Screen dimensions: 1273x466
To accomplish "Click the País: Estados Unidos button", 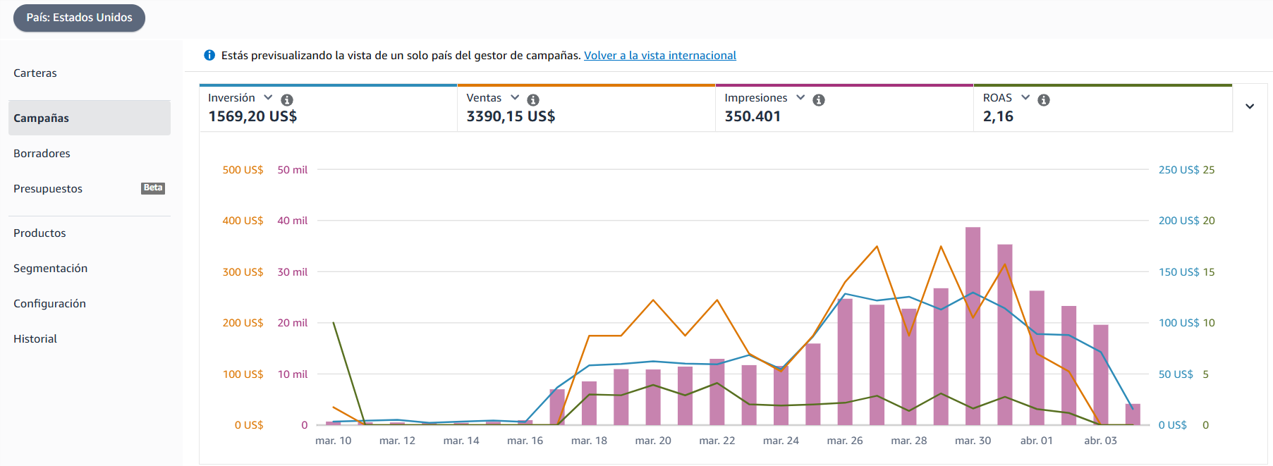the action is [79, 18].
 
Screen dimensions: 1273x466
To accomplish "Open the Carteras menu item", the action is [35, 73].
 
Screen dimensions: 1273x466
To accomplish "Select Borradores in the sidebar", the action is [42, 154].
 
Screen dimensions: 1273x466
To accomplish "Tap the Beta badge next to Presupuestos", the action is [153, 188].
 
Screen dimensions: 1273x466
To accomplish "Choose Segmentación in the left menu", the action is [51, 269].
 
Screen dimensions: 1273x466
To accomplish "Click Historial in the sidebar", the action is [35, 339].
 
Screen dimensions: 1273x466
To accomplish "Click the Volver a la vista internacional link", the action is [660, 56].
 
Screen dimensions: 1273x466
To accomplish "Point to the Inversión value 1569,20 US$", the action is [252, 116].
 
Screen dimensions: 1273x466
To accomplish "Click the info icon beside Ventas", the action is [533, 100].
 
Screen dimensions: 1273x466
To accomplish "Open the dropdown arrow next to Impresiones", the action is [800, 98].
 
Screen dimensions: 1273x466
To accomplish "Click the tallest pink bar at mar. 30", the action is [973, 326].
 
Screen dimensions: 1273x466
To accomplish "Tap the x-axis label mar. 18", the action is [589, 441].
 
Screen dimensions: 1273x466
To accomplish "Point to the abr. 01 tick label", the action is [1037, 441].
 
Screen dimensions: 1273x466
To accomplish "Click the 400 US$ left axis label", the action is [243, 221].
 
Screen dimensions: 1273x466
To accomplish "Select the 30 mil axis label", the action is [293, 272].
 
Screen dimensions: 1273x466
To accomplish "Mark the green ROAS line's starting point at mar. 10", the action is [334, 323].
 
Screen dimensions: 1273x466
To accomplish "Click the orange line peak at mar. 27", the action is [877, 246].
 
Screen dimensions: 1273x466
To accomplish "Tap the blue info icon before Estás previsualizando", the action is [209, 55].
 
